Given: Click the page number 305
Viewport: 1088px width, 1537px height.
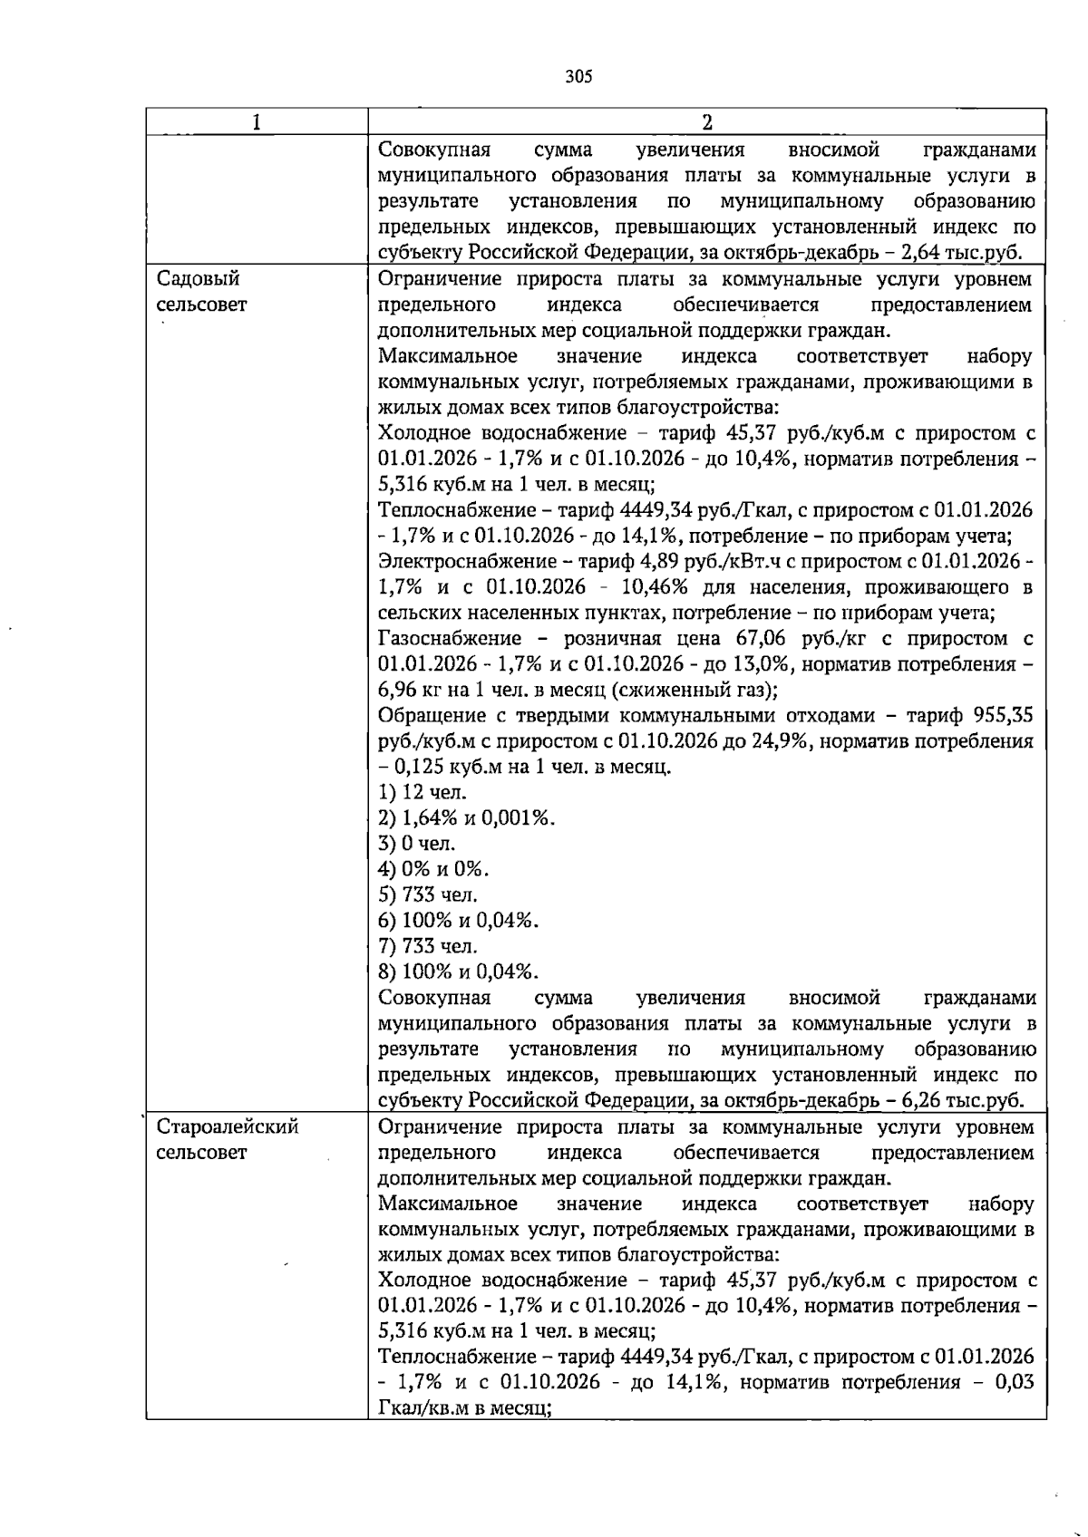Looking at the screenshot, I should [x=578, y=77].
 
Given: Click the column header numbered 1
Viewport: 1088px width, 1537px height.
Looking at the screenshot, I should [x=257, y=122].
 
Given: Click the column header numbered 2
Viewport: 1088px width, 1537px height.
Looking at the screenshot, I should [x=707, y=122].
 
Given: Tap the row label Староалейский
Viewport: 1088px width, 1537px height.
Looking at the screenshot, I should [x=228, y=1126].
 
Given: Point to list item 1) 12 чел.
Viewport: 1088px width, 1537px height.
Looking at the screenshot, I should [x=423, y=792].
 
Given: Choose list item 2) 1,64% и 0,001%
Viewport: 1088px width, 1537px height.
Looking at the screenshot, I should [x=466, y=817].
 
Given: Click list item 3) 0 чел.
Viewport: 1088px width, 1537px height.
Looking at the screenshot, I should [x=417, y=844].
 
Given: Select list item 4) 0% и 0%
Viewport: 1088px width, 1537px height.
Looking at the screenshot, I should [x=433, y=869].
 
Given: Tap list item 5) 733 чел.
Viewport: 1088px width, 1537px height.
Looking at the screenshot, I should [x=428, y=894].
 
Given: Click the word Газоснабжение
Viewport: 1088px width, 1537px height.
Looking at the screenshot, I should [x=450, y=638].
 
